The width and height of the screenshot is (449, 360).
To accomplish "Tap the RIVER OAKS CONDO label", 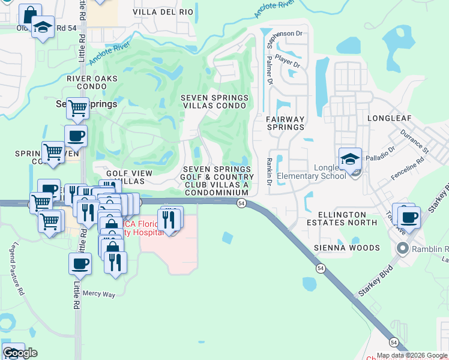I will [87, 82].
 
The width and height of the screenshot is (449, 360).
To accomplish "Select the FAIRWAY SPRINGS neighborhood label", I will [285, 124].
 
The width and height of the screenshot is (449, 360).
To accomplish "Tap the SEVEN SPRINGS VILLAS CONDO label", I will [214, 101].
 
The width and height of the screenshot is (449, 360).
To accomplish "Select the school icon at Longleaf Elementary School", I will [350, 159].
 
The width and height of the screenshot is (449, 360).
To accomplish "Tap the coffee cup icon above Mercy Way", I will [80, 263].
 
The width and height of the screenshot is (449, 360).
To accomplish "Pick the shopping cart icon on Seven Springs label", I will [77, 109].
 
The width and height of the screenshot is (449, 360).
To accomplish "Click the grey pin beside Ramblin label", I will [402, 248].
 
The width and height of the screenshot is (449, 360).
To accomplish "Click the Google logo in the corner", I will [20, 353].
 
